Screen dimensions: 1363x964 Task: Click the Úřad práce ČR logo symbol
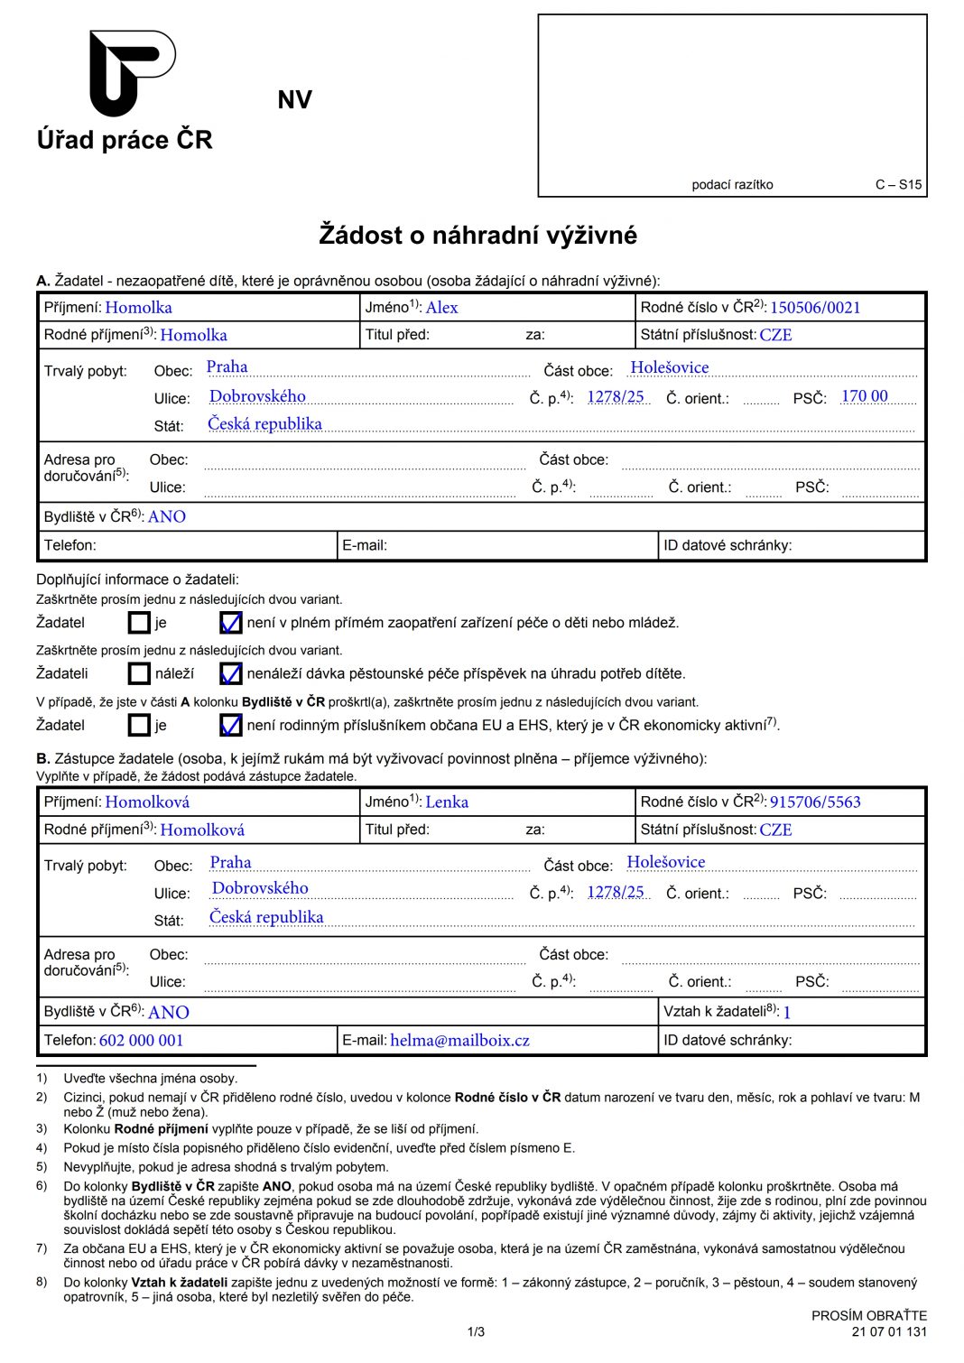click(132, 72)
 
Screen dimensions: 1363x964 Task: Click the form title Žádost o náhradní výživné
click(477, 236)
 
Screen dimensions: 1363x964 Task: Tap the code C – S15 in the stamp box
click(898, 185)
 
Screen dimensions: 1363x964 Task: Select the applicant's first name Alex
click(441, 308)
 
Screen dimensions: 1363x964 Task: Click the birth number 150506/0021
click(814, 308)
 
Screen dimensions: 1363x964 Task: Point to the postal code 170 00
click(864, 396)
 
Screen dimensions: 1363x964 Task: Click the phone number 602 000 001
click(141, 1041)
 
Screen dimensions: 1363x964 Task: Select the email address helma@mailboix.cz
click(459, 1041)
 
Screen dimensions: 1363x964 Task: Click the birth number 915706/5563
click(814, 802)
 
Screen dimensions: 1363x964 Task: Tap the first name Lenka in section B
click(447, 802)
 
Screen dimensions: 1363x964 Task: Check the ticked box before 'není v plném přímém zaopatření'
click(230, 623)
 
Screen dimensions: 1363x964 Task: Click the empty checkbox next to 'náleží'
click(139, 673)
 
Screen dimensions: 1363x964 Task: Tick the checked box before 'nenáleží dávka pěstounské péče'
click(230, 673)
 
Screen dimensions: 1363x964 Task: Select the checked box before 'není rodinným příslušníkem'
click(230, 725)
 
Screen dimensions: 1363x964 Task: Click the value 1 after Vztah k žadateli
click(787, 1013)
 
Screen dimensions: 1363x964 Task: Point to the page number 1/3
click(476, 1331)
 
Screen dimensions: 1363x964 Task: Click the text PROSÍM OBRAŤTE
click(868, 1316)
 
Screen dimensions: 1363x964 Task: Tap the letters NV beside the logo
click(294, 100)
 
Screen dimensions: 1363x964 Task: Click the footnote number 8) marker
click(42, 1282)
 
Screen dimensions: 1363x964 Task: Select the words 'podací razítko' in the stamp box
click(732, 185)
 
